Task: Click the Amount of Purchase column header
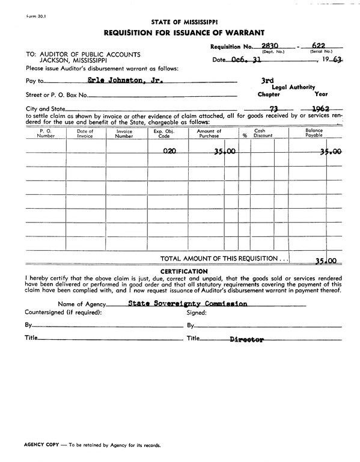(x=209, y=133)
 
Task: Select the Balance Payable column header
(x=314, y=133)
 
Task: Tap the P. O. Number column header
(x=46, y=133)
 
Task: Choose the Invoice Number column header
(x=124, y=133)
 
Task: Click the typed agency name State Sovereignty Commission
(x=188, y=304)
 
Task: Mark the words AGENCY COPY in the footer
(x=43, y=446)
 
